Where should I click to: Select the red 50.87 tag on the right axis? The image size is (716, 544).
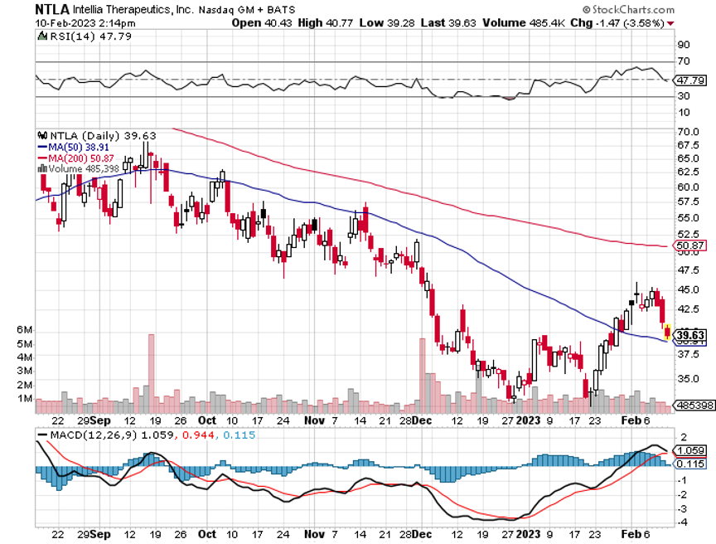[x=691, y=246]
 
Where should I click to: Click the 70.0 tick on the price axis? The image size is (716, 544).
[x=689, y=132]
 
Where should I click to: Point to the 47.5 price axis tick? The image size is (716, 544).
[x=689, y=270]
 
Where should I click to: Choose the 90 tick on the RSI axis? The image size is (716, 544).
[x=684, y=45]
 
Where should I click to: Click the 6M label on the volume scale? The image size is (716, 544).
[x=25, y=330]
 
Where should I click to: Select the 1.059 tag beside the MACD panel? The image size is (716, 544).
[x=691, y=451]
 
